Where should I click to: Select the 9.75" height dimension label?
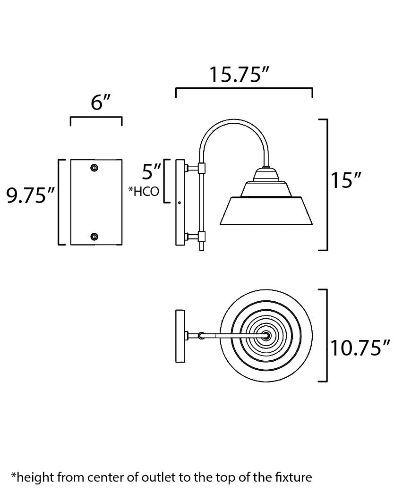31,195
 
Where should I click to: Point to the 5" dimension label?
151,171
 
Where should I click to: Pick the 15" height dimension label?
345,180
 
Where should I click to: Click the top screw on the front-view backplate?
95,168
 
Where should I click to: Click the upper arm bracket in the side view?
201,168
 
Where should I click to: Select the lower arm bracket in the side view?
201,236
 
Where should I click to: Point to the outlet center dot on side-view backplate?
180,203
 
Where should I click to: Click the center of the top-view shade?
266,336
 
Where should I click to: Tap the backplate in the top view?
180,336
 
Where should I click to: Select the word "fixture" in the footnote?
295,477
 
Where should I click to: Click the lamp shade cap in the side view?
266,175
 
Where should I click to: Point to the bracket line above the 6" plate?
96,118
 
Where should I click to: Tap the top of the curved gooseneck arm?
234,122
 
